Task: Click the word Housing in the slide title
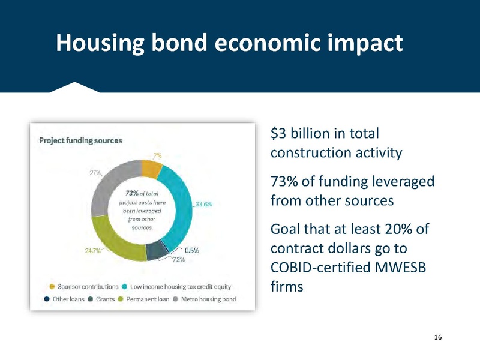(99, 43)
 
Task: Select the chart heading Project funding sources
(80, 140)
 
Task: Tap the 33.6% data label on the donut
(203, 204)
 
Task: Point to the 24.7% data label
(92, 251)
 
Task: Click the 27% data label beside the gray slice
(95, 173)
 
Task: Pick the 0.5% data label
(192, 250)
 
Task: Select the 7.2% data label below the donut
(179, 260)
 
